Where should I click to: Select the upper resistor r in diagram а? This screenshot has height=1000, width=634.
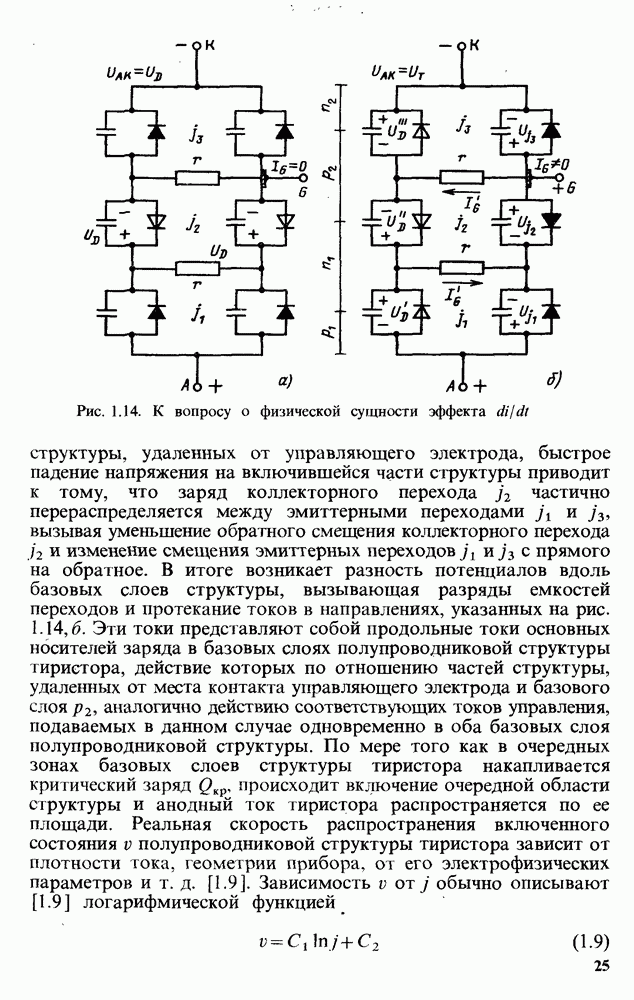pyautogui.click(x=197, y=177)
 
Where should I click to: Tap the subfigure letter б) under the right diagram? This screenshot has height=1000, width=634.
pyautogui.click(x=553, y=380)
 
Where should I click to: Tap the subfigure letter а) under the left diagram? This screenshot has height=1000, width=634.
pyautogui.click(x=283, y=380)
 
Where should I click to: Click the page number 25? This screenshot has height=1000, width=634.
pyautogui.click(x=600, y=966)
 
